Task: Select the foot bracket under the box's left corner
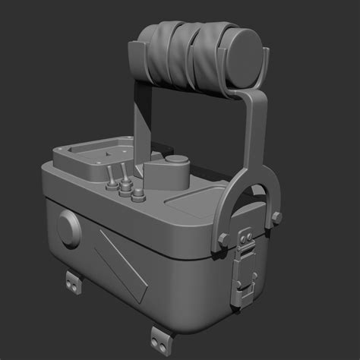(x=74, y=282)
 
